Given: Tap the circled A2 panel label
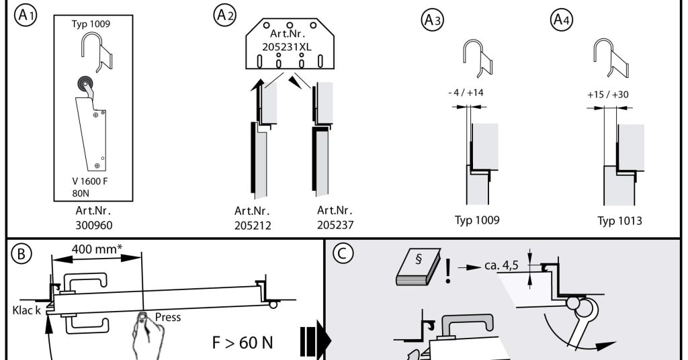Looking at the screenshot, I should (x=225, y=15).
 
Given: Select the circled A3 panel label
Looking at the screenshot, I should (x=432, y=21).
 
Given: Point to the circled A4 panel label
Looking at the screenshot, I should (x=562, y=21).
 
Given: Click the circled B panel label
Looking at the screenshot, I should (x=22, y=255).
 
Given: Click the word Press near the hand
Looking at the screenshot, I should (x=167, y=317).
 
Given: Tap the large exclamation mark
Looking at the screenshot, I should (x=447, y=269).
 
